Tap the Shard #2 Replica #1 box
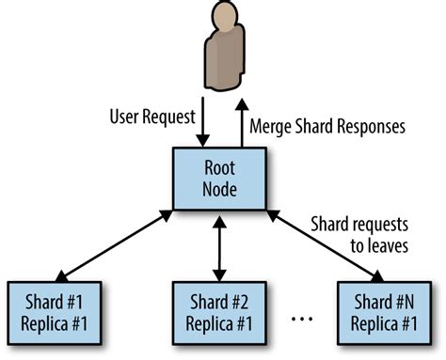220,309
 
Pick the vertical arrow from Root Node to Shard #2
220,247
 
